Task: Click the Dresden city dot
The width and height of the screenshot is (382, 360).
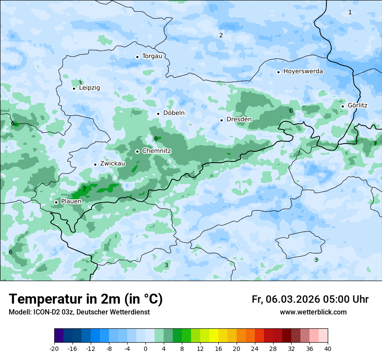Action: (x=221, y=120)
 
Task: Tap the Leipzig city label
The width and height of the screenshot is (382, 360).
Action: (x=89, y=88)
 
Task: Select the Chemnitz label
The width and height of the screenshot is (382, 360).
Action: (x=157, y=151)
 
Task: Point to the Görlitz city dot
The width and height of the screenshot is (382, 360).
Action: (x=342, y=106)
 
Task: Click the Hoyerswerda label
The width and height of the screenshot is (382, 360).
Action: (x=303, y=71)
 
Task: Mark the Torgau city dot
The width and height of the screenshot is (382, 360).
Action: (x=137, y=56)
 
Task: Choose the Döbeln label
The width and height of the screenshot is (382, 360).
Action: (x=174, y=113)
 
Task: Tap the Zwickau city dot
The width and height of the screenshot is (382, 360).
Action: (x=95, y=164)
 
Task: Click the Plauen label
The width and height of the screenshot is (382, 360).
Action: (x=71, y=201)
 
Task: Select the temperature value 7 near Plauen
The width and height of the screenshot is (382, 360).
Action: (x=84, y=189)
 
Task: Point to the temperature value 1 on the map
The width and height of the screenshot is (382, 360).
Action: (x=350, y=12)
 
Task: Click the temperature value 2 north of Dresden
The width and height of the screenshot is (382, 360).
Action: (x=221, y=35)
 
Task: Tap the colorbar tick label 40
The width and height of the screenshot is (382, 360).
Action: (x=327, y=348)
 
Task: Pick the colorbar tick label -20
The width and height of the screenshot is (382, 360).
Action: (x=54, y=348)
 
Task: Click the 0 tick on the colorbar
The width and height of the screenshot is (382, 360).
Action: (x=145, y=348)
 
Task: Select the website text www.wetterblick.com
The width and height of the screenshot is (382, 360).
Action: (x=313, y=312)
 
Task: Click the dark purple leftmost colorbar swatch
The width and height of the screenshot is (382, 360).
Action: (x=59, y=336)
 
